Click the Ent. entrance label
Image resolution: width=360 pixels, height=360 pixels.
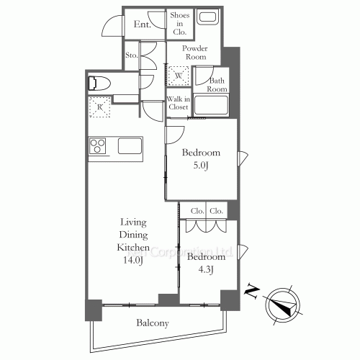click(142, 24)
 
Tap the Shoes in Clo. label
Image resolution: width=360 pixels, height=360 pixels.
click(179, 23)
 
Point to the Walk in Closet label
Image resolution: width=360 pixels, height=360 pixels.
click(178, 103)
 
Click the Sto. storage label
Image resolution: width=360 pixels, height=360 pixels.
click(131, 55)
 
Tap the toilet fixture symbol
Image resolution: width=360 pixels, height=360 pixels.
click(98, 83)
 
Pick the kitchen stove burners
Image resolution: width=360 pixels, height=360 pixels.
click(97, 146)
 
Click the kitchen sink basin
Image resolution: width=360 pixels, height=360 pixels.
click(130, 146)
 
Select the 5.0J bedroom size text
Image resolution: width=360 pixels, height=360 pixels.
click(200, 166)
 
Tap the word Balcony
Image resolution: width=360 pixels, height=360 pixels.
click(153, 323)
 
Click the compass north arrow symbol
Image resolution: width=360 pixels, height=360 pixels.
click(282, 302)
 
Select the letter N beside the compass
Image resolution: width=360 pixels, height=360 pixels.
click(251, 291)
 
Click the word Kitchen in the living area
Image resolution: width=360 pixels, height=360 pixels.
click(132, 247)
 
